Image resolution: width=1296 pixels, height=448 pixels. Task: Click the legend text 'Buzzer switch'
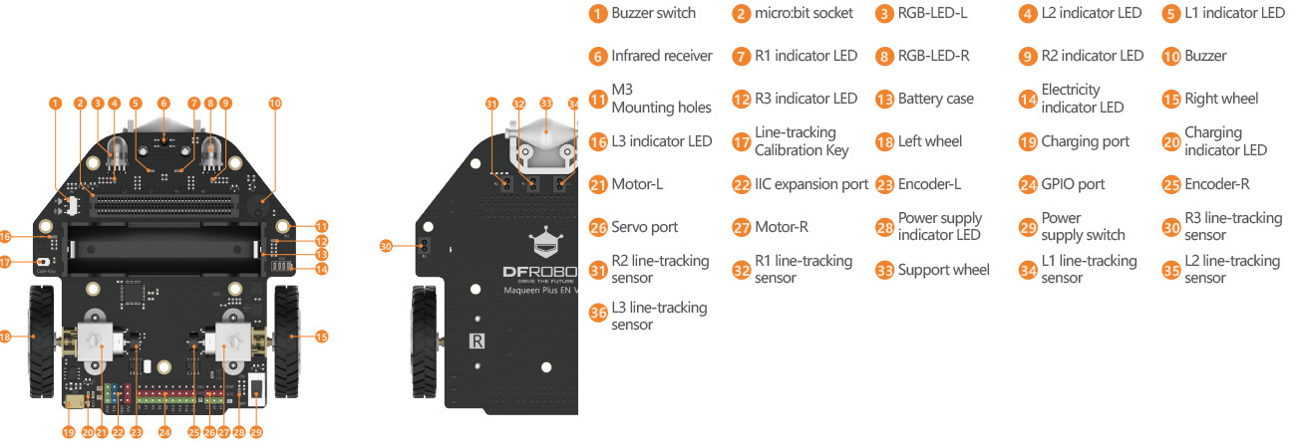tap(653, 13)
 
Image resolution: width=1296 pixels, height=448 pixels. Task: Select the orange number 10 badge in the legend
tap(1170, 56)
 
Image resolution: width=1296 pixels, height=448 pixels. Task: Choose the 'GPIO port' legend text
tap(1073, 184)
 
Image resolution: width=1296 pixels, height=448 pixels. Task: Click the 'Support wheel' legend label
tap(943, 269)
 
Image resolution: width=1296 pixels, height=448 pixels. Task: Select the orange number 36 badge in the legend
tap(598, 313)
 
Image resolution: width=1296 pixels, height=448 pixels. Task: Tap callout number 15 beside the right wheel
tap(321, 337)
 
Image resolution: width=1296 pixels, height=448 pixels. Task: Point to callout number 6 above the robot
tap(164, 103)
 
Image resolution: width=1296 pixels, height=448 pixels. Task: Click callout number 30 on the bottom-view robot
tap(388, 245)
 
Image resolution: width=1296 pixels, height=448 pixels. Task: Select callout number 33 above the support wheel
tap(545, 103)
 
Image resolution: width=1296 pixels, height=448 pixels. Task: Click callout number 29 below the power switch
tap(256, 432)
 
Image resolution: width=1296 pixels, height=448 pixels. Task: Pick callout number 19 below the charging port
tap(69, 432)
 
